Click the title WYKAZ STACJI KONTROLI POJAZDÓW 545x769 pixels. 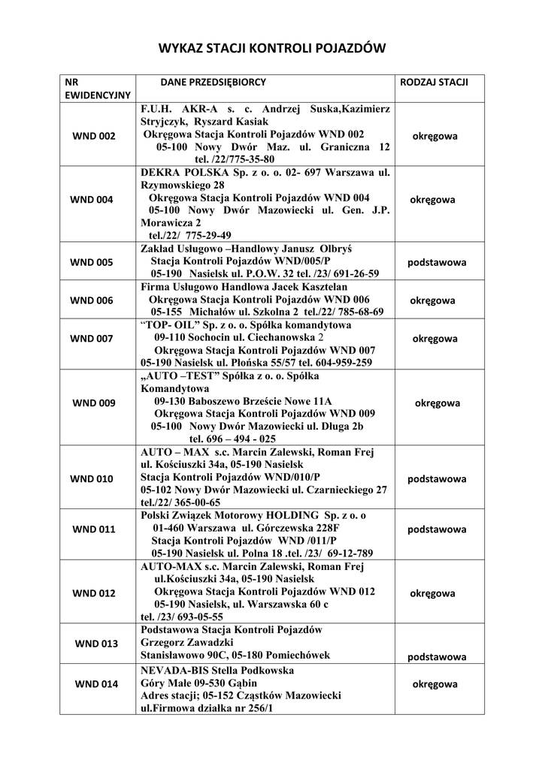pos(271,49)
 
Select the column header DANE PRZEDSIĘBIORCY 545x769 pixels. pos(213,80)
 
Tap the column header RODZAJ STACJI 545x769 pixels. pos(435,80)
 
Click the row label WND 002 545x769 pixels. pos(93,136)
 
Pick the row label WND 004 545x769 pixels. pos(92,200)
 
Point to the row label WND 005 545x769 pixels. pos(92,262)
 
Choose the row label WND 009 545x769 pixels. pos(93,403)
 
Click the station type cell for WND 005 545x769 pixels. pos(437,263)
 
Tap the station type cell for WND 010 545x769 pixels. pos(437,478)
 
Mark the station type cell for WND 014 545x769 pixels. pos(435,684)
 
